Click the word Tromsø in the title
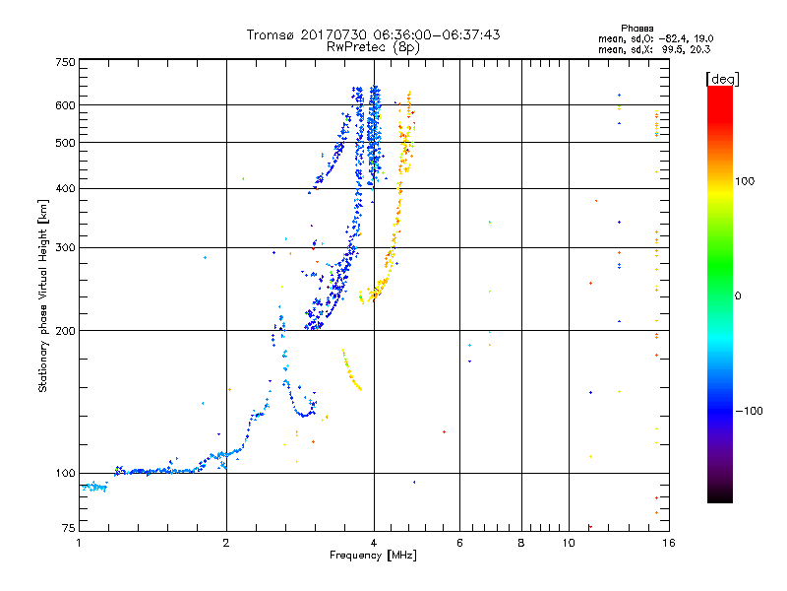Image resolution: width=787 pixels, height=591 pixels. pos(268,34)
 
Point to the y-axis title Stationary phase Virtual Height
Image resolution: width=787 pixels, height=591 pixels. pos(43,295)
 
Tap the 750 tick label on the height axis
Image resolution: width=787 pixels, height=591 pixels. pos(65,61)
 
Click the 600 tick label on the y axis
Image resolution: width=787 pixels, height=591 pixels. pos(65,105)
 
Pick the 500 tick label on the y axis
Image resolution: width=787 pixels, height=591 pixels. pos(65,143)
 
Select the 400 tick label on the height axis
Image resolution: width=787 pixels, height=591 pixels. pos(65,189)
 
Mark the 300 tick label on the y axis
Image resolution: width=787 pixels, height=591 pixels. pos(65,248)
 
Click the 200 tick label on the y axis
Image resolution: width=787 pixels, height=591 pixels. pos(65,331)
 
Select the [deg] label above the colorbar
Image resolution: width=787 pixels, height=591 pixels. pos(721,78)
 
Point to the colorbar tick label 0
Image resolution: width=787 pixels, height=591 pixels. pos(741,295)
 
